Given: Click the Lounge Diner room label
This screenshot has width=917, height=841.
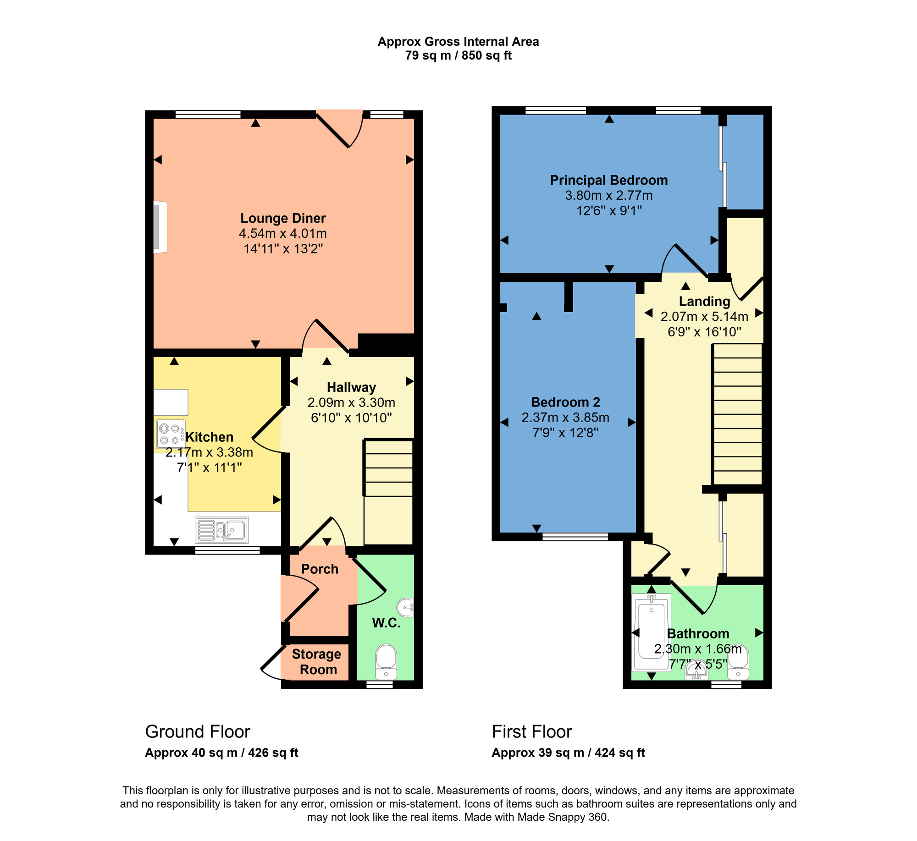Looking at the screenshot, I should coord(283,218).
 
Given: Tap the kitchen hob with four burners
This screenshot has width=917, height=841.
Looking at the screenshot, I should coord(171,434).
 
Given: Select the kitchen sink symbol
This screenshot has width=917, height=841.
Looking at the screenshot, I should coord(222,530).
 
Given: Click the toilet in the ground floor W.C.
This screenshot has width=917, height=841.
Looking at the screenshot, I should coord(386,662).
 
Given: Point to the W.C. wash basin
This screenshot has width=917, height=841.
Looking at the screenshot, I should coord(406,608).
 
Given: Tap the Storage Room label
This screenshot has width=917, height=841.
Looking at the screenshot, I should coord(317,662).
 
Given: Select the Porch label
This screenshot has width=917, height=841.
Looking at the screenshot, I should coord(320,569).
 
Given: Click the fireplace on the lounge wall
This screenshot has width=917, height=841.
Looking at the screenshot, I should coord(160,227).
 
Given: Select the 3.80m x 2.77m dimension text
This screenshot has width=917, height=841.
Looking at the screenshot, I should coord(608,196).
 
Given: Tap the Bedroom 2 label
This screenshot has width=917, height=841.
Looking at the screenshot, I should coord(565,402).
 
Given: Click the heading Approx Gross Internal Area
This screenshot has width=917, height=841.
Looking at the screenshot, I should coord(458,42).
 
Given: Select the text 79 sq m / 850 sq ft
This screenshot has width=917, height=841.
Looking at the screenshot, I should coord(458,56).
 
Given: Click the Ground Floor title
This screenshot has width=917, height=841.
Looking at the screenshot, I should coord(198,732).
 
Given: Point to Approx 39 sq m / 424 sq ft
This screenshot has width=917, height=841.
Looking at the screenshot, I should coord(568,753).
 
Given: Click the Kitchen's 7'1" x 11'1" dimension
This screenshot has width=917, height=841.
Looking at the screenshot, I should coord(210,468).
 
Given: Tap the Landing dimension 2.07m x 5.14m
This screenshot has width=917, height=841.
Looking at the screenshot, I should coord(704,317).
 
